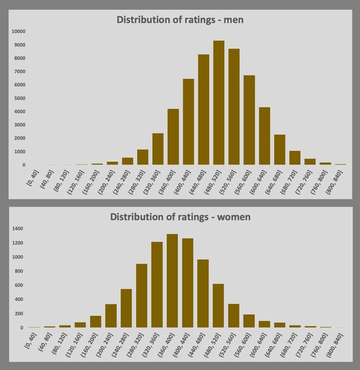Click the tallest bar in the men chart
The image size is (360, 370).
coord(219,103)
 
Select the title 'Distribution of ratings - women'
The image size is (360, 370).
coord(180,216)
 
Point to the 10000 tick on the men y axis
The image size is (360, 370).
coord(18,31)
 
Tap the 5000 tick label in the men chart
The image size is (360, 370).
coord(20,98)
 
